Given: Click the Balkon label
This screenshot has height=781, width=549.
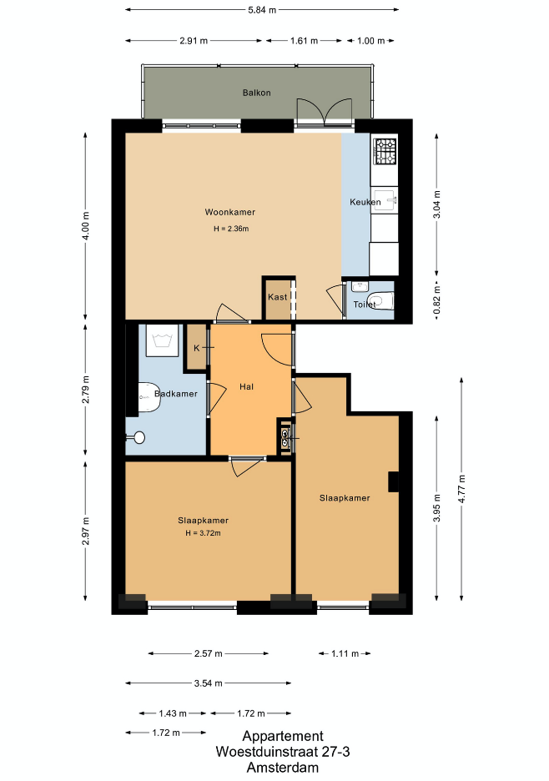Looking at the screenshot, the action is pos(257,93).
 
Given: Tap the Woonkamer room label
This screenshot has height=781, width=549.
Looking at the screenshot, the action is pos(230,212).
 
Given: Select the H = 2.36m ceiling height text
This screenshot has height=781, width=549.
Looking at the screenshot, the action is pos(231,229).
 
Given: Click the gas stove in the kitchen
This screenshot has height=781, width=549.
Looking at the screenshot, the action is pos(385,151).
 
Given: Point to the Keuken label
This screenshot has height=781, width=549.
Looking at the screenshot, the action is pos(365,202).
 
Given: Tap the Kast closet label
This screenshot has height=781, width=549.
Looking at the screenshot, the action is pos(278,297).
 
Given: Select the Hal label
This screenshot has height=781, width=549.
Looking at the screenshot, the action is pos(247,386).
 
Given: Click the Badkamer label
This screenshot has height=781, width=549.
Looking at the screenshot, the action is pos(176,394).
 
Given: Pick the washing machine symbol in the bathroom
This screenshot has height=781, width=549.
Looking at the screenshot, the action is pos(162,340).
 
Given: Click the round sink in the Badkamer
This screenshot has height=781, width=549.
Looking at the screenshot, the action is pos(139,437).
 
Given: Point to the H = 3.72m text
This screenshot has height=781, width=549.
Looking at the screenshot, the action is pos(204,533).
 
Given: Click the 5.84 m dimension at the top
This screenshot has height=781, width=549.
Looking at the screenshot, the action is pos(262,9).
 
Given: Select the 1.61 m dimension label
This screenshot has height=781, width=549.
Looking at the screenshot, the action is pos(304,41).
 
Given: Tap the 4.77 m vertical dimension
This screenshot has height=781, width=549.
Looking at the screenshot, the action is pos(462,489).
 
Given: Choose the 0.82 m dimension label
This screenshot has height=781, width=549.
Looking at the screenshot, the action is pos(437,300).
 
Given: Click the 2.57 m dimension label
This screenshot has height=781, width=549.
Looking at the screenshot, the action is pos(209,653).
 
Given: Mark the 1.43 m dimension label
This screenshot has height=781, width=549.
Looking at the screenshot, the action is pos(173,713).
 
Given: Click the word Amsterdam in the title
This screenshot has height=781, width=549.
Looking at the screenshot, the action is pos(283,768).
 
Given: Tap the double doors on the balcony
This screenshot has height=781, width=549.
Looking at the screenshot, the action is pos(325,110).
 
